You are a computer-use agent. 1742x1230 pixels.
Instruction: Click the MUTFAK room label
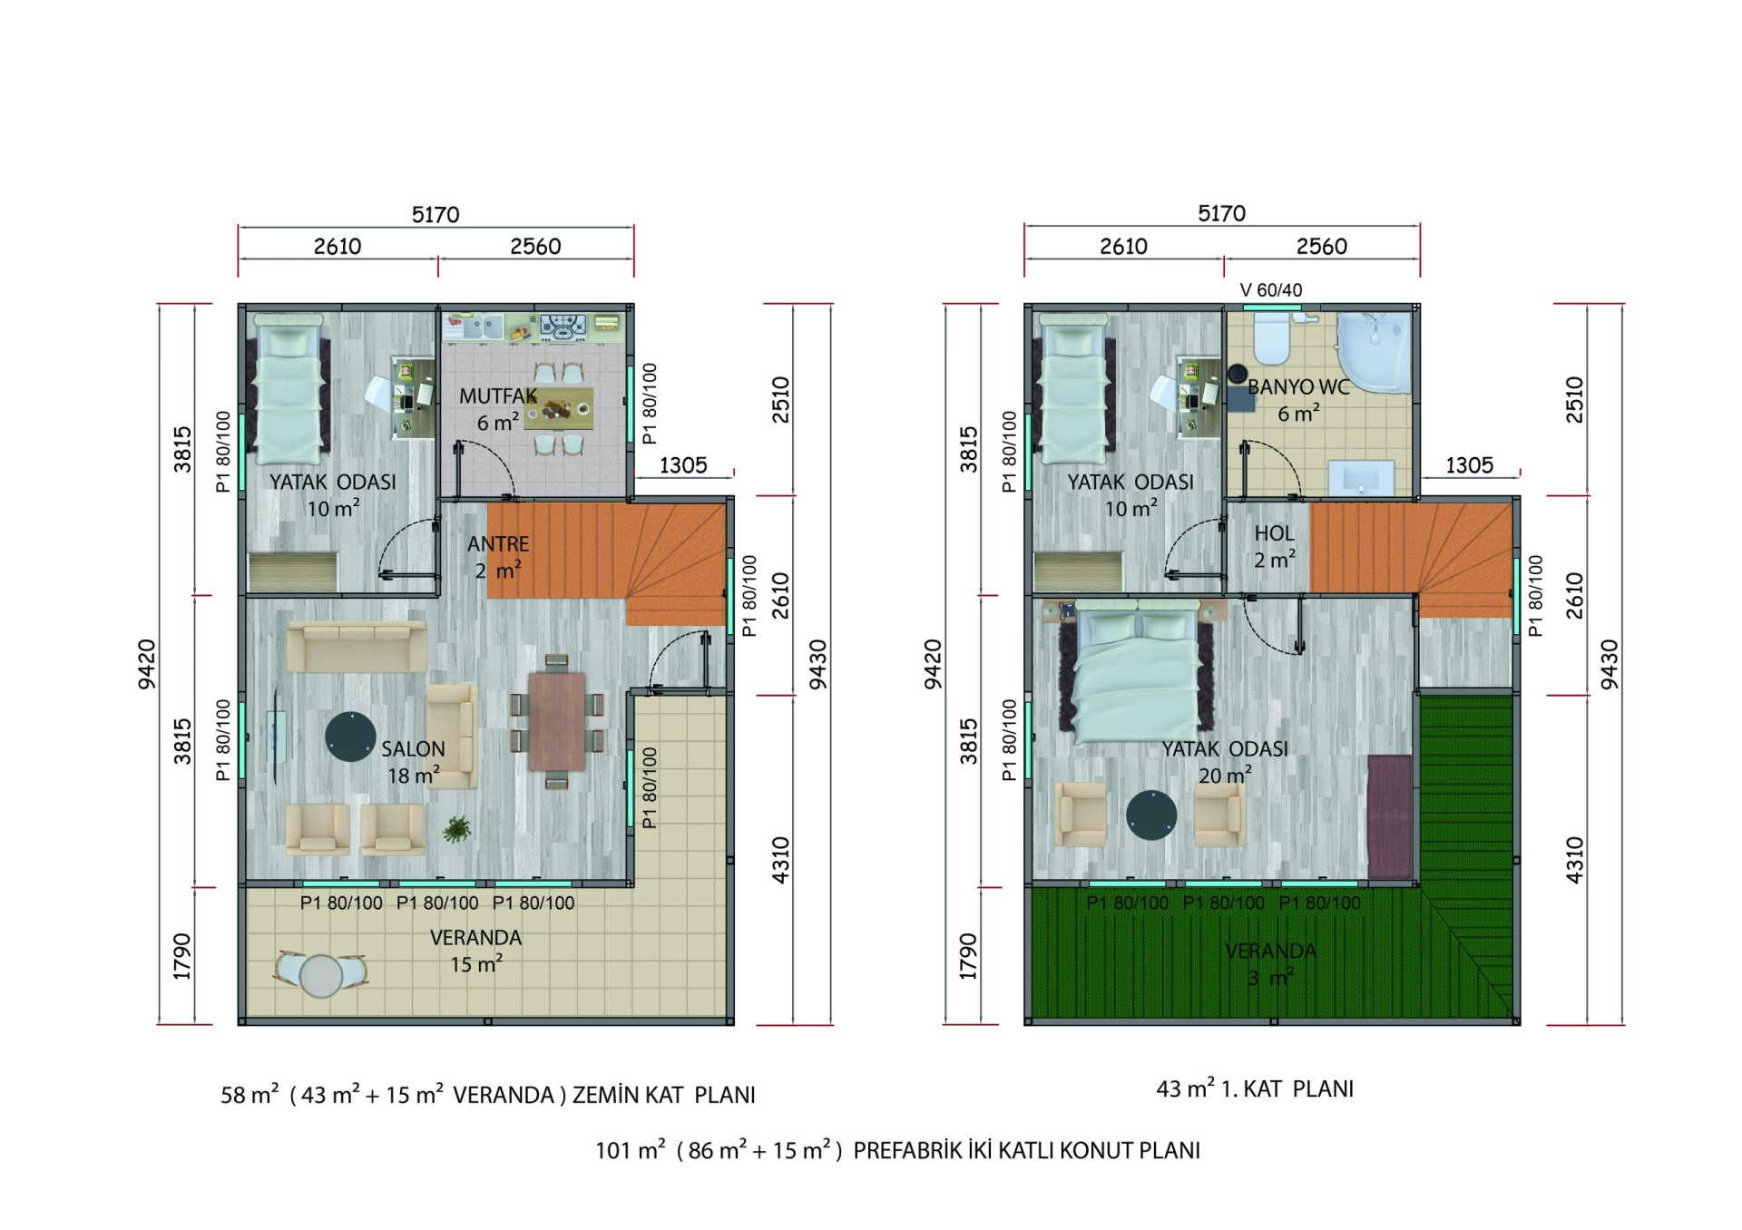pos(497,396)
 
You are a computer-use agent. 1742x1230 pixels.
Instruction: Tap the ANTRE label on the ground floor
pos(498,544)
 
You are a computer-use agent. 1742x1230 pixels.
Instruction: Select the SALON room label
pos(413,749)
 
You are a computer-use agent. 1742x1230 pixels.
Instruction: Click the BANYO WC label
pos(1298,387)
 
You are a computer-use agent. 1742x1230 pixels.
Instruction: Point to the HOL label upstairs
pos(1274,534)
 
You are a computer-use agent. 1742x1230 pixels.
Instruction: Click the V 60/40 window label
pos(1271,290)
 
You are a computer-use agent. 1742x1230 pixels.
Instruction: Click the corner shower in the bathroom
pos(1374,354)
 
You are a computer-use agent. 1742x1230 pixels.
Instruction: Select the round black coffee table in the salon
pos(350,737)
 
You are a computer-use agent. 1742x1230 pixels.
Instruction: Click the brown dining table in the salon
pos(557,721)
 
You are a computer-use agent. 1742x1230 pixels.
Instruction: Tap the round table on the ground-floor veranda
pos(320,976)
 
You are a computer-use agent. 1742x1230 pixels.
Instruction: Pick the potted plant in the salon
pos(456,829)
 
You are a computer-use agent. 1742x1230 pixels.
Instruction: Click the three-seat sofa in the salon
pos(357,646)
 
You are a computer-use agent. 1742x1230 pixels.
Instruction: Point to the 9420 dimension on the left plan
pos(146,664)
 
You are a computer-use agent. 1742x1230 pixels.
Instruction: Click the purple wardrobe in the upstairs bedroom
pos(1389,816)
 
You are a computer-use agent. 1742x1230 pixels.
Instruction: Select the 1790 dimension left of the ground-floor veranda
pos(182,956)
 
